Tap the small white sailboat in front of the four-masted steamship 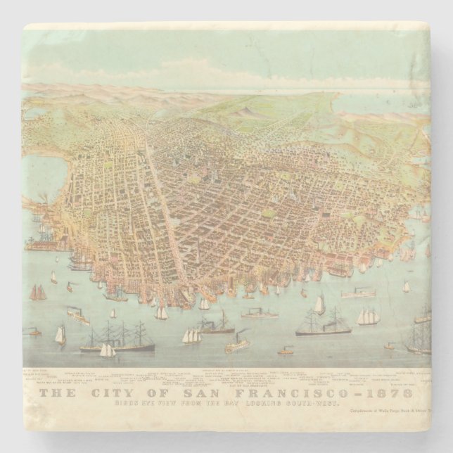pyautogui.click(x=107, y=350)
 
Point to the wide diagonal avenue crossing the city pyautogui.click(x=162, y=211)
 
